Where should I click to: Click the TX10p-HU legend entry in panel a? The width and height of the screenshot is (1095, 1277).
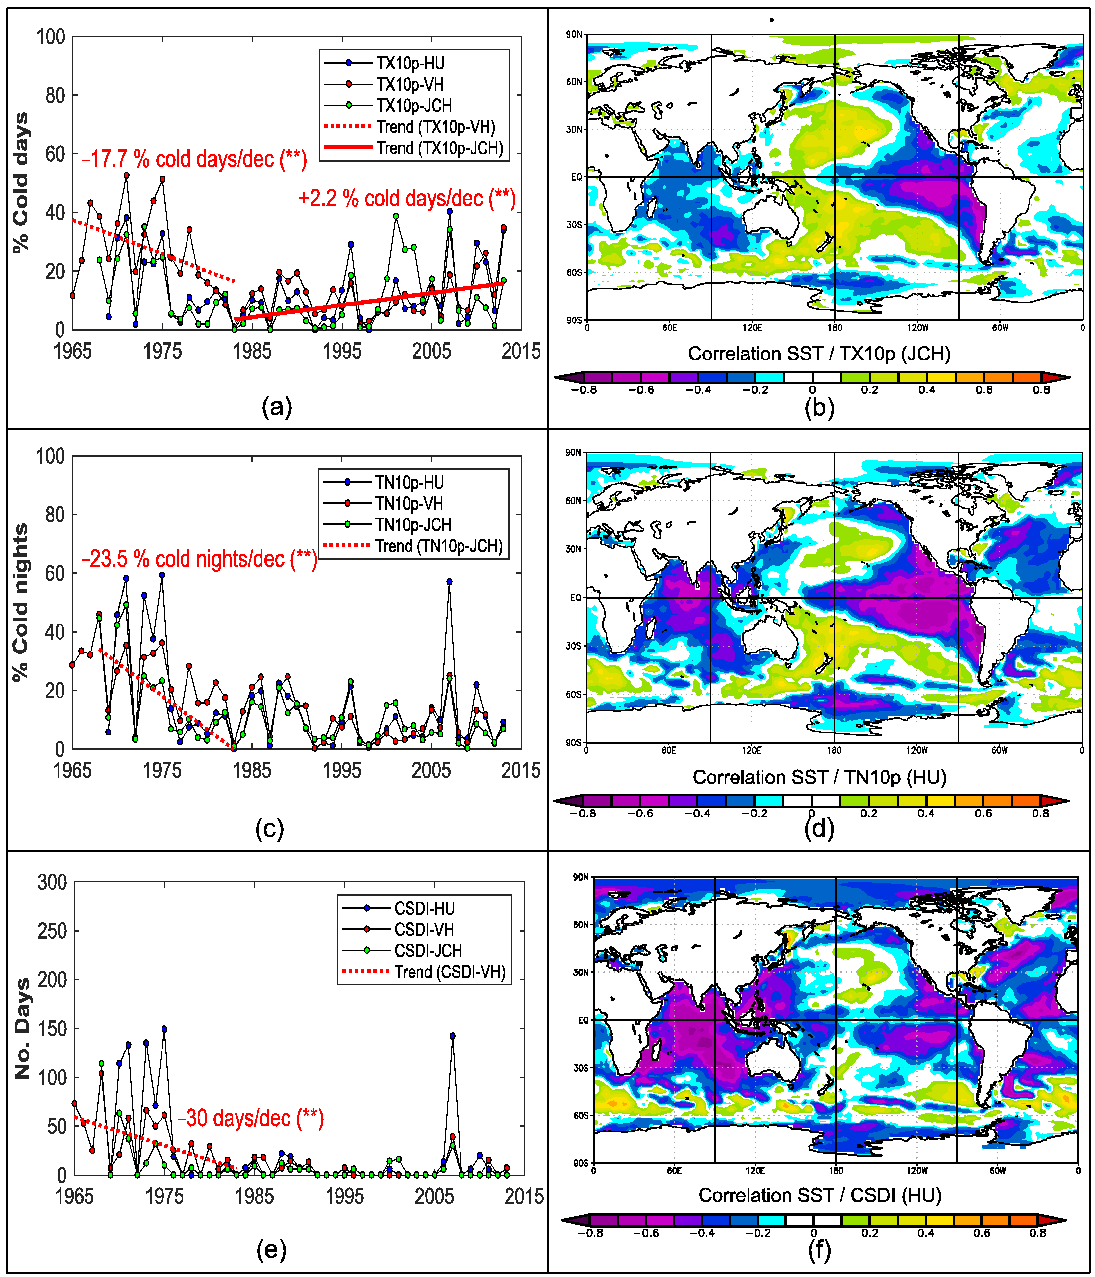click(x=410, y=64)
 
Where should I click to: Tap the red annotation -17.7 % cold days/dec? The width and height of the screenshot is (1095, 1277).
click(x=194, y=159)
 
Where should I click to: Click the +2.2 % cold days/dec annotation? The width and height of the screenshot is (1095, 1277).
click(x=407, y=199)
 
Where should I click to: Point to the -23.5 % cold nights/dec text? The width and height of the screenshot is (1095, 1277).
click(x=199, y=559)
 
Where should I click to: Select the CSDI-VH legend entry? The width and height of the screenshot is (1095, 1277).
click(x=424, y=929)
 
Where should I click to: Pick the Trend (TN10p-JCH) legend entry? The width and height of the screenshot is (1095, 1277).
click(x=438, y=546)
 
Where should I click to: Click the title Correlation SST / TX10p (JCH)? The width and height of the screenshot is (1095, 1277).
click(x=819, y=354)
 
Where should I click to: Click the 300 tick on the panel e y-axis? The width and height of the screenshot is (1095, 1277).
click(x=52, y=882)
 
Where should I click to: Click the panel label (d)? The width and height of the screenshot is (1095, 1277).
click(x=819, y=829)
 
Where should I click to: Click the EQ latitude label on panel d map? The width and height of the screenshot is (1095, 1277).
click(x=575, y=597)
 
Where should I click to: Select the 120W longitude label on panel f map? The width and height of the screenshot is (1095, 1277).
click(x=916, y=1170)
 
